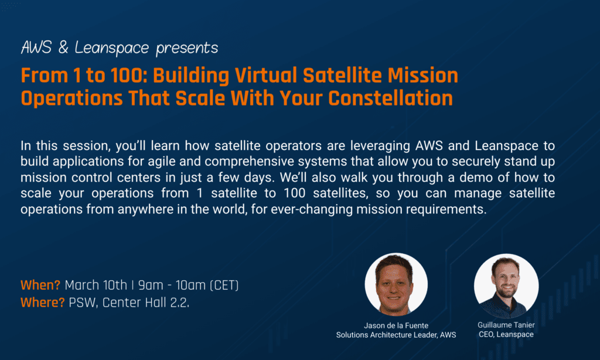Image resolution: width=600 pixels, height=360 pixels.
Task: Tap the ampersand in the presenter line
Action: [x=63, y=48]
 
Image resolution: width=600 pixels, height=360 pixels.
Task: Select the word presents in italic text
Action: [x=187, y=49]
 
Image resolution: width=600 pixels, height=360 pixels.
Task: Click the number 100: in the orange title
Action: [x=129, y=76]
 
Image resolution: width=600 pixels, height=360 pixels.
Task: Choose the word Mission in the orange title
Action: [x=423, y=76]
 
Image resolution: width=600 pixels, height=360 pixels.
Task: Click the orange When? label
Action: [x=40, y=286]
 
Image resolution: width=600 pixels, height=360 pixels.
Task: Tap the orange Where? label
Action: [x=42, y=303]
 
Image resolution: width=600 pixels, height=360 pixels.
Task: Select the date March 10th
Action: [x=96, y=286]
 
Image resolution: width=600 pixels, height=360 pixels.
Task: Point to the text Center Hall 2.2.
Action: [x=146, y=303]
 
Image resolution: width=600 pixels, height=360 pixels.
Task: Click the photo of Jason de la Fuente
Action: [x=396, y=284]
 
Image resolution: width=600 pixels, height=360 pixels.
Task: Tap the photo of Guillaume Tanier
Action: [x=506, y=286]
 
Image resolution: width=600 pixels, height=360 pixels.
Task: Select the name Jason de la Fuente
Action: [x=396, y=325]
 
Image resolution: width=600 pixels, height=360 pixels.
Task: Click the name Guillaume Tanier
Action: [x=506, y=325]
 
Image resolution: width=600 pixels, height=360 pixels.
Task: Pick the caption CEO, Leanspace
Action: [x=506, y=334]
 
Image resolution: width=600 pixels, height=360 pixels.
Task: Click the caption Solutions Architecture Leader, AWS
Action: [x=396, y=335]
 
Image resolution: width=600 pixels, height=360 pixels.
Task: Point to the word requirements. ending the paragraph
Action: [x=446, y=209]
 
